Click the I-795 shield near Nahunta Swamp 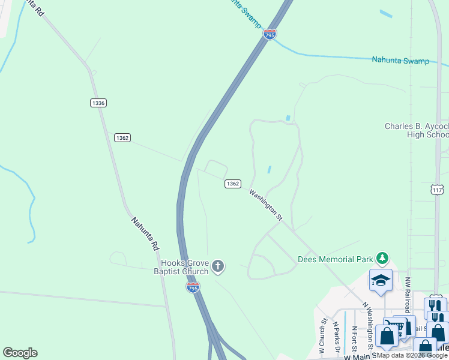pyautogui.click(x=270, y=35)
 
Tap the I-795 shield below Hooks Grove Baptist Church pyautogui.click(x=192, y=288)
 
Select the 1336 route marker pyautogui.click(x=99, y=103)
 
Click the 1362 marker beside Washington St pyautogui.click(x=234, y=184)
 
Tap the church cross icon pyautogui.click(x=218, y=266)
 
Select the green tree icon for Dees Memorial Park pyautogui.click(x=382, y=259)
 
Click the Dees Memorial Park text pyautogui.click(x=335, y=260)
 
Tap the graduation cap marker pyautogui.click(x=381, y=281)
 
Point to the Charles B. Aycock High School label pyautogui.click(x=416, y=130)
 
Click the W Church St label pyautogui.click(x=322, y=337)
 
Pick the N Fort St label pyautogui.click(x=355, y=339)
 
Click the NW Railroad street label pyautogui.click(x=407, y=295)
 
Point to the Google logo pyautogui.click(x=20, y=353)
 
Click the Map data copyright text pyautogui.click(x=412, y=356)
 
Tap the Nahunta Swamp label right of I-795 pyautogui.click(x=400, y=61)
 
